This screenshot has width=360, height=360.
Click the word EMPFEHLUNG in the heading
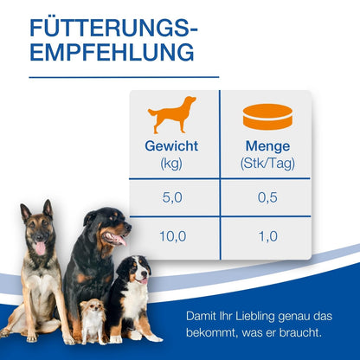click(x=112, y=53)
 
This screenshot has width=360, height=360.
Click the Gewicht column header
click(x=173, y=146)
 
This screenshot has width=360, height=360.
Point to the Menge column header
click(x=267, y=146)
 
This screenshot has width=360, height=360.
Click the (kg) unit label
click(x=173, y=163)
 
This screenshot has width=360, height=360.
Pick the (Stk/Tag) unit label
click(x=267, y=163)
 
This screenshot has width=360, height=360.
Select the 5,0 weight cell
click(x=173, y=199)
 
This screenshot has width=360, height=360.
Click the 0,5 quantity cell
click(x=267, y=199)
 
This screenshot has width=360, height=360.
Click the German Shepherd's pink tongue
click(x=39, y=249)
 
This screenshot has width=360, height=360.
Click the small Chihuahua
click(x=92, y=320)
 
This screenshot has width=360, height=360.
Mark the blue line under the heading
click(x=113, y=77)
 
